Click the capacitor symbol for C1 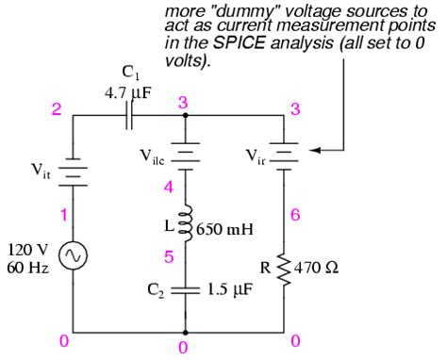pyautogui.click(x=127, y=114)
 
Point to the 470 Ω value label pyautogui.click(x=319, y=267)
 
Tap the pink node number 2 pyautogui.click(x=57, y=110)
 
